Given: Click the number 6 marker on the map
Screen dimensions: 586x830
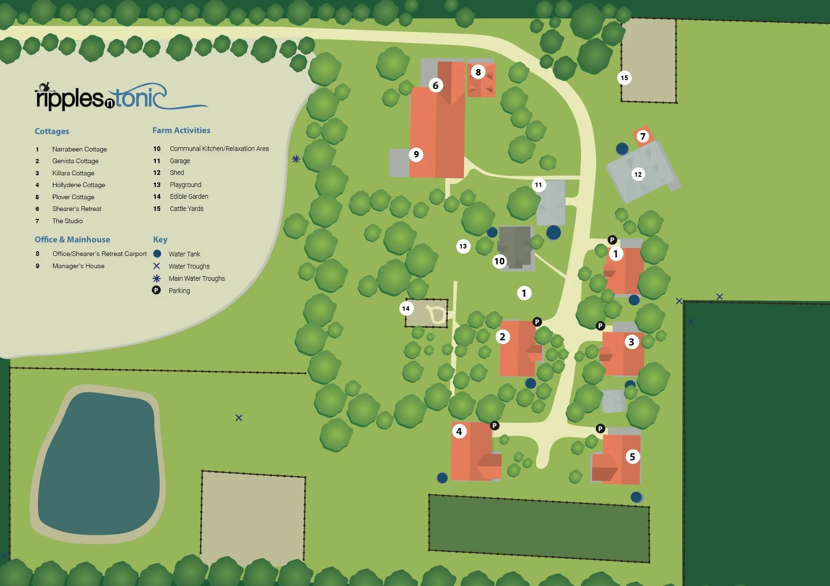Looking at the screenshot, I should pos(435,85).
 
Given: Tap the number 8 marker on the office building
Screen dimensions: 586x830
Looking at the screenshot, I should pos(478,72).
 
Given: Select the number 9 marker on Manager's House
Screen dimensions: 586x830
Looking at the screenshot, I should pos(416,154).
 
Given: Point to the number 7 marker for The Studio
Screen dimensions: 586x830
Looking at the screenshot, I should pos(643,136).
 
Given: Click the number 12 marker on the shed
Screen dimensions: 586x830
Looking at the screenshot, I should pos(638,174).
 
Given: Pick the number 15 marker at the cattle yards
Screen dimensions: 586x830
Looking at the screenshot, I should pos(624,78).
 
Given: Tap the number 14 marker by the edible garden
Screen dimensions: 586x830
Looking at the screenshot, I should pos(406,308).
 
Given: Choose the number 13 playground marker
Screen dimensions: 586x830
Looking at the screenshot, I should pos(463,246).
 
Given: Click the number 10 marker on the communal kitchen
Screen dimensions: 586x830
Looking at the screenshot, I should pos(499,261).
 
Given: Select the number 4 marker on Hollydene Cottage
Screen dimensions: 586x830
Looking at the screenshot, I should pos(459,431).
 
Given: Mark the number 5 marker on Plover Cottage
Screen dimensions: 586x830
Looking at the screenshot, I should pos(632,457).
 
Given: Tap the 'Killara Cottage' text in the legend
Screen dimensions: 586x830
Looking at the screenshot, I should pos(73,173).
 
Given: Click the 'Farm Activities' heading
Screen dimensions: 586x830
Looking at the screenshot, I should pos(181,130).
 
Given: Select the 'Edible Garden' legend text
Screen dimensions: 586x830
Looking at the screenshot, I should pos(189,196).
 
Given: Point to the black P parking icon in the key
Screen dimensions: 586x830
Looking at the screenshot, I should pos(156,290).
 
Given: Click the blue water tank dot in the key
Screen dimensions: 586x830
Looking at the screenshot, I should pos(157,254).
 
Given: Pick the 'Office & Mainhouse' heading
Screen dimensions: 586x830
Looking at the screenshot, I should pos(72,240).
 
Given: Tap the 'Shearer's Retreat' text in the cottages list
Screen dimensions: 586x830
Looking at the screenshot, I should pos(76,209).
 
